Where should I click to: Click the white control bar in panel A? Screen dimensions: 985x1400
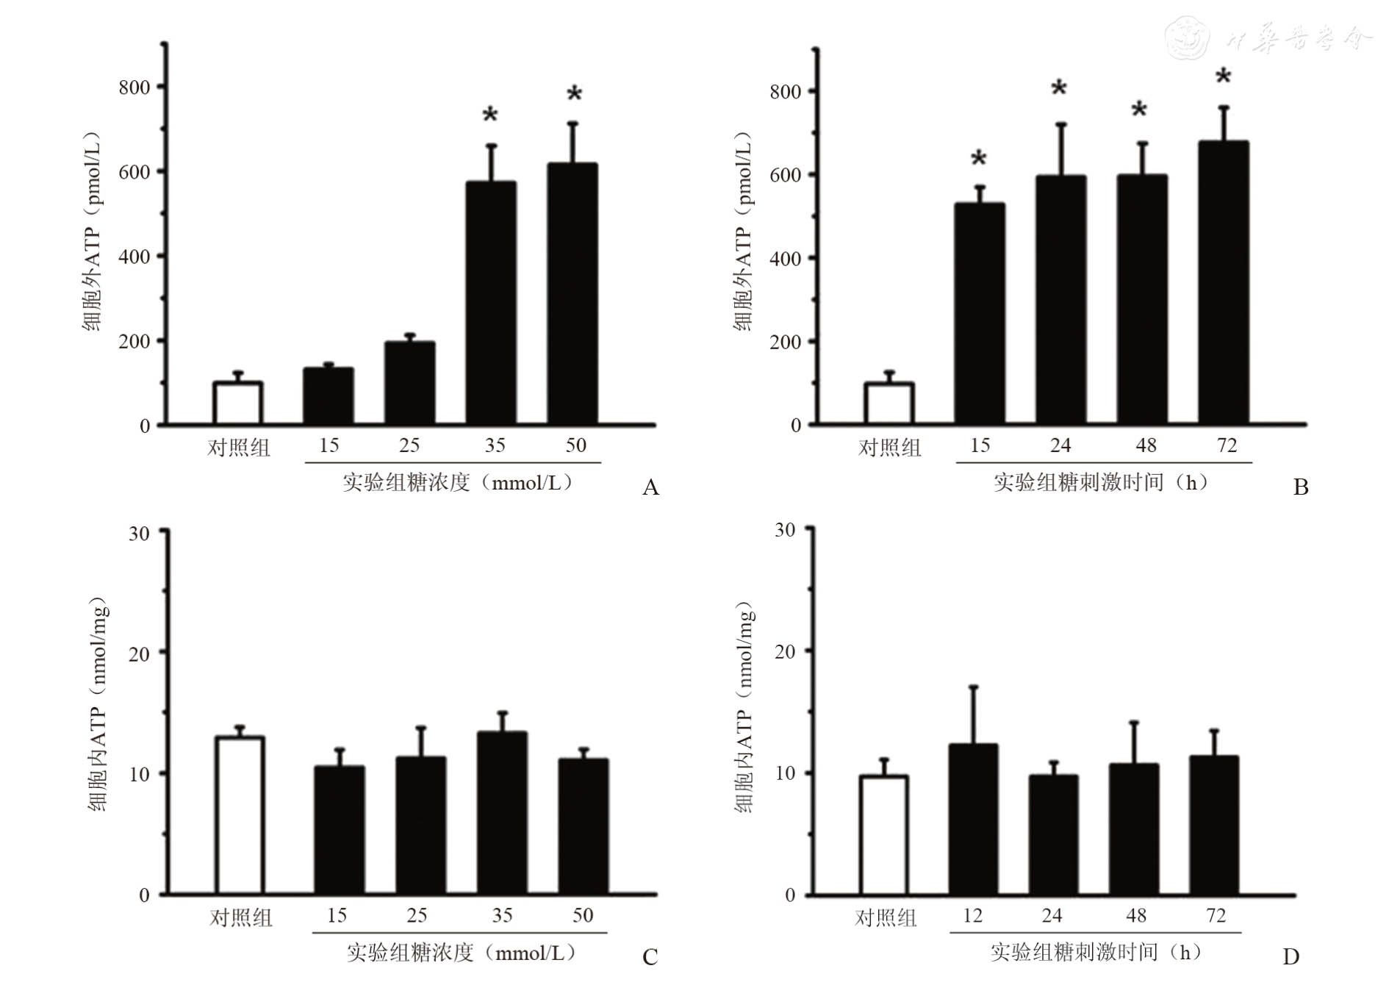click(237, 403)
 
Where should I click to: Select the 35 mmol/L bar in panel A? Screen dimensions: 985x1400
click(491, 303)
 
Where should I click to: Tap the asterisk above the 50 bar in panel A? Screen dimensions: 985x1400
click(574, 94)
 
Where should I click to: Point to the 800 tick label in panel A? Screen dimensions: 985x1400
click(134, 87)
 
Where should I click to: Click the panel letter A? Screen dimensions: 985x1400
click(650, 487)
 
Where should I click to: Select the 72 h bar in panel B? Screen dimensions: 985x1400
click(1224, 283)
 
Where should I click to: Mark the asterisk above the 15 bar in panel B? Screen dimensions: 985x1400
click(978, 159)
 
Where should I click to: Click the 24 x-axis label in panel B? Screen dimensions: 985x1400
click(1060, 445)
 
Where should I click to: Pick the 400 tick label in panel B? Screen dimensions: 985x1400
click(785, 259)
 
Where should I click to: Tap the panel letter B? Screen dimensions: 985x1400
click(1301, 487)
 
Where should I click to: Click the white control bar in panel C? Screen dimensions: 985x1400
click(240, 815)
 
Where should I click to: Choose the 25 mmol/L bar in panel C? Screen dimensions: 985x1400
click(421, 825)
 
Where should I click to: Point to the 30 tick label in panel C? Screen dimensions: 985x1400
click(139, 533)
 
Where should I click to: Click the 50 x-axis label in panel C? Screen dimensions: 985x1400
click(583, 915)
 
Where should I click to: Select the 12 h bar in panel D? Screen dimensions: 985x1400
click(973, 820)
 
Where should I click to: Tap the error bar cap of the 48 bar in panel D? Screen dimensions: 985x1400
click(1134, 723)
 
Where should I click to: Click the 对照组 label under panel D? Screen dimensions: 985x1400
click(886, 917)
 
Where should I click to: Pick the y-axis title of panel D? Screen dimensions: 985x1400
click(744, 707)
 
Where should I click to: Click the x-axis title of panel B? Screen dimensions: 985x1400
click(1100, 482)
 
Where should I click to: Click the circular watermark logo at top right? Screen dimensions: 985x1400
click(1187, 38)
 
